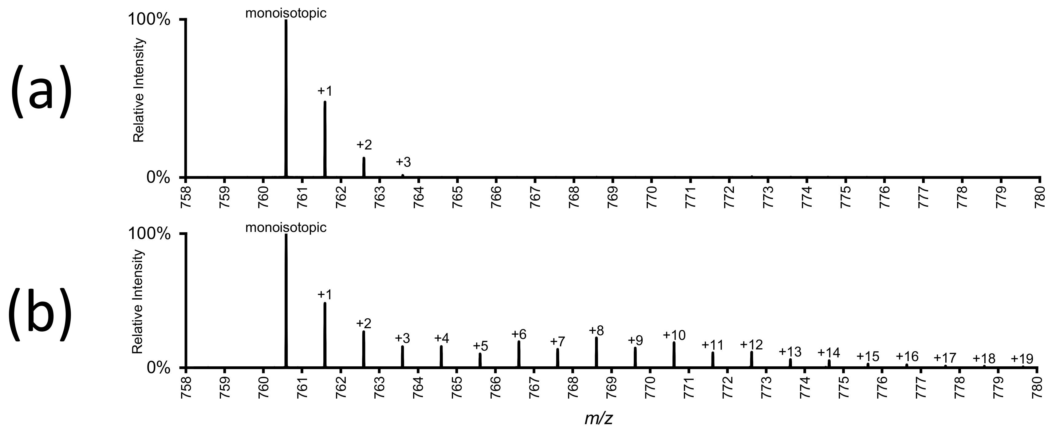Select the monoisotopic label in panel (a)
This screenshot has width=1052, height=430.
coord(286,13)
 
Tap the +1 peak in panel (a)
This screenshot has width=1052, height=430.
coord(325,139)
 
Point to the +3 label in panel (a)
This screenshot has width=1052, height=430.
coord(403,162)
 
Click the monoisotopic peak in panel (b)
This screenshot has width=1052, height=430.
coord(286,301)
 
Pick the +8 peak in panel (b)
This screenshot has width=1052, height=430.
coord(596,352)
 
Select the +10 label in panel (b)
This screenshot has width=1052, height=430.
coord(674,335)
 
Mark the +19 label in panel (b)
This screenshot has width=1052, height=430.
coord(1022,359)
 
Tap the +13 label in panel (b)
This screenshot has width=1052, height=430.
coord(790,352)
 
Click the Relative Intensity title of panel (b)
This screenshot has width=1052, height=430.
coord(139,302)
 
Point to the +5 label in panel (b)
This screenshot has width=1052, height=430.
coord(480,346)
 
